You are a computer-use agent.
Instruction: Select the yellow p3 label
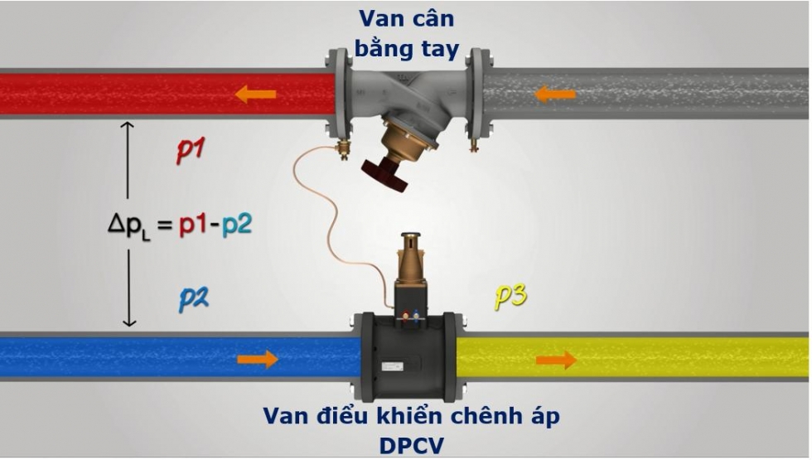(510, 296)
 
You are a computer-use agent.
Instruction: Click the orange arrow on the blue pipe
(258, 359)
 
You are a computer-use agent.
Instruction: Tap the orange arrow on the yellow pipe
(556, 359)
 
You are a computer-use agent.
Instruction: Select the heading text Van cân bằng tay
(406, 34)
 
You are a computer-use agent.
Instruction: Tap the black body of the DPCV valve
(406, 356)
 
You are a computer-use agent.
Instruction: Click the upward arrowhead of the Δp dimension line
(127, 126)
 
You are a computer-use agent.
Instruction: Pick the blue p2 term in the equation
(233, 225)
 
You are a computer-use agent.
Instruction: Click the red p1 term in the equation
(192, 225)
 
